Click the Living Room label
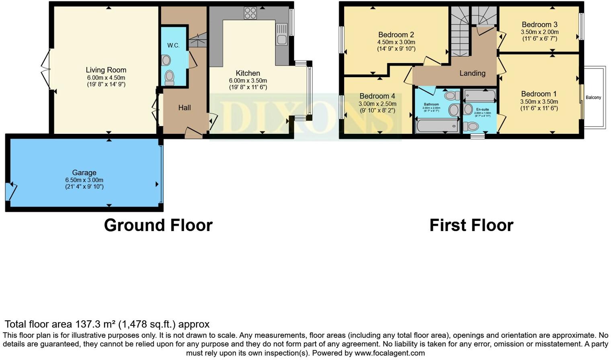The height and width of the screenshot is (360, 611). tap(106, 70)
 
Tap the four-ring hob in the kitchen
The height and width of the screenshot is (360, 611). tap(250, 13)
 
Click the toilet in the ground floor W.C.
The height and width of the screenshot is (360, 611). tap(169, 77)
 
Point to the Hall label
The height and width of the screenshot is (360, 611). tap(185, 108)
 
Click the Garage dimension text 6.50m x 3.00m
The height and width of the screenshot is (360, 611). tap(84, 180)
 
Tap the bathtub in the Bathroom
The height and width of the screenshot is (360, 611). tap(437, 126)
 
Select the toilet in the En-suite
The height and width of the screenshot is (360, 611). tap(471, 127)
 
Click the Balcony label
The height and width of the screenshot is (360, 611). tap(593, 98)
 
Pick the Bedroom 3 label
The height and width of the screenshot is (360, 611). tap(539, 25)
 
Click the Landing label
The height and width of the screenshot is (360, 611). tap(472, 73)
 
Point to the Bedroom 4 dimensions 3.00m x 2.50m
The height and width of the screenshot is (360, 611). tap(377, 104)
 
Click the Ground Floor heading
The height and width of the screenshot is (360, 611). tap(158, 225)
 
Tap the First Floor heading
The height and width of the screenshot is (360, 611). tap(471, 225)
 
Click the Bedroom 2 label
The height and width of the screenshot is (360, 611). tap(396, 35)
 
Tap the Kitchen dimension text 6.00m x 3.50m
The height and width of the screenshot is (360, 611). tap(248, 80)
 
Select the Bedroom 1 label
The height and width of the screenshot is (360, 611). tap(539, 94)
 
